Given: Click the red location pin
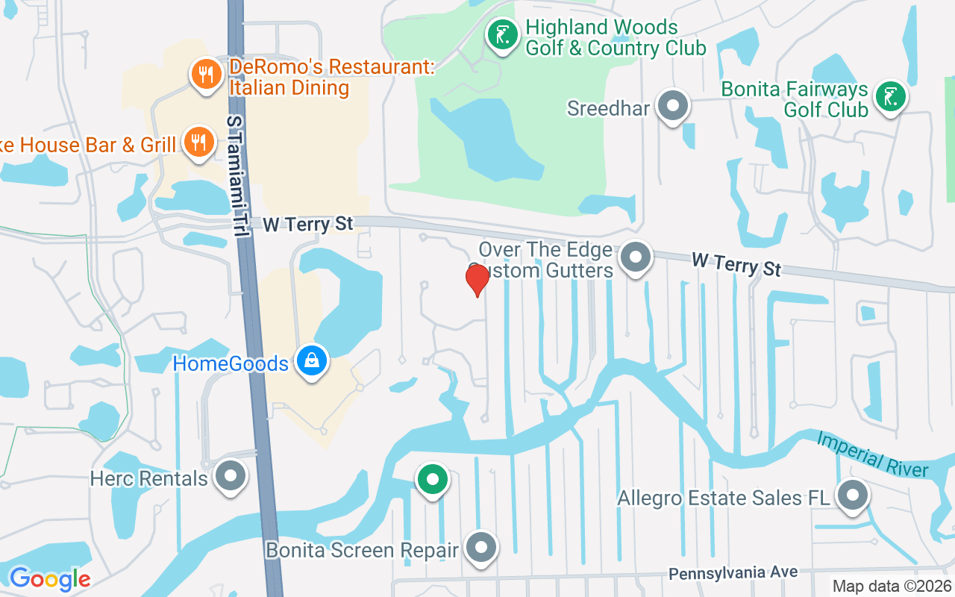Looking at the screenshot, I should tap(477, 280).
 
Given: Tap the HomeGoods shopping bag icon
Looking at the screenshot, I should tap(312, 361).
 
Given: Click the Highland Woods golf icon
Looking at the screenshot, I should tap(503, 34).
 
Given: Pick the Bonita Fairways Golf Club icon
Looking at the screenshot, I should tap(890, 97).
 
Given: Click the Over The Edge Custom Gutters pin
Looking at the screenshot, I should tap(636, 257).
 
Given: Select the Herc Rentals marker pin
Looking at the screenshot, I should tap(231, 475).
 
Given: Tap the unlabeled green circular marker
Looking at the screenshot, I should tap(432, 479).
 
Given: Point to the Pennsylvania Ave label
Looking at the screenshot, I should tap(733, 573).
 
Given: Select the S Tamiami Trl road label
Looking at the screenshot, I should tap(237, 176).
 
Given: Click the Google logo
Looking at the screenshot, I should tap(49, 578).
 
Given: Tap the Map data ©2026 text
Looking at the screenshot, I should tap(892, 587).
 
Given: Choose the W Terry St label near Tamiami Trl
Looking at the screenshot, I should tap(307, 224).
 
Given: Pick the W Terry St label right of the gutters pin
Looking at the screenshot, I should tap(736, 263).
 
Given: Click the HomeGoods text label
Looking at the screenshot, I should tap(231, 364).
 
